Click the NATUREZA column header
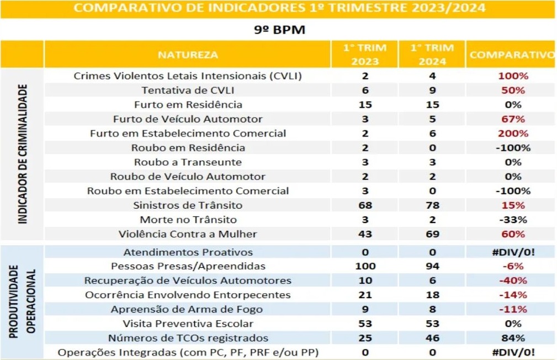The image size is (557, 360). (188, 55)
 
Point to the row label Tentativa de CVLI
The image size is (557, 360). (188, 90)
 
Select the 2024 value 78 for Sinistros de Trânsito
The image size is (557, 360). (432, 205)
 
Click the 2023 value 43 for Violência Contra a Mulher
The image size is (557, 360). (365, 234)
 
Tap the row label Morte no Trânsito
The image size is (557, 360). (188, 219)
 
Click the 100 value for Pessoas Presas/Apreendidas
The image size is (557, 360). (365, 266)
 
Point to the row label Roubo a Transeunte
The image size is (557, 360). (188, 162)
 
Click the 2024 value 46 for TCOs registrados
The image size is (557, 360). (432, 337)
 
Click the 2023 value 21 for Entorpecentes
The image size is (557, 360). (365, 295)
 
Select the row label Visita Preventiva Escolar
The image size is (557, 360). (188, 324)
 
